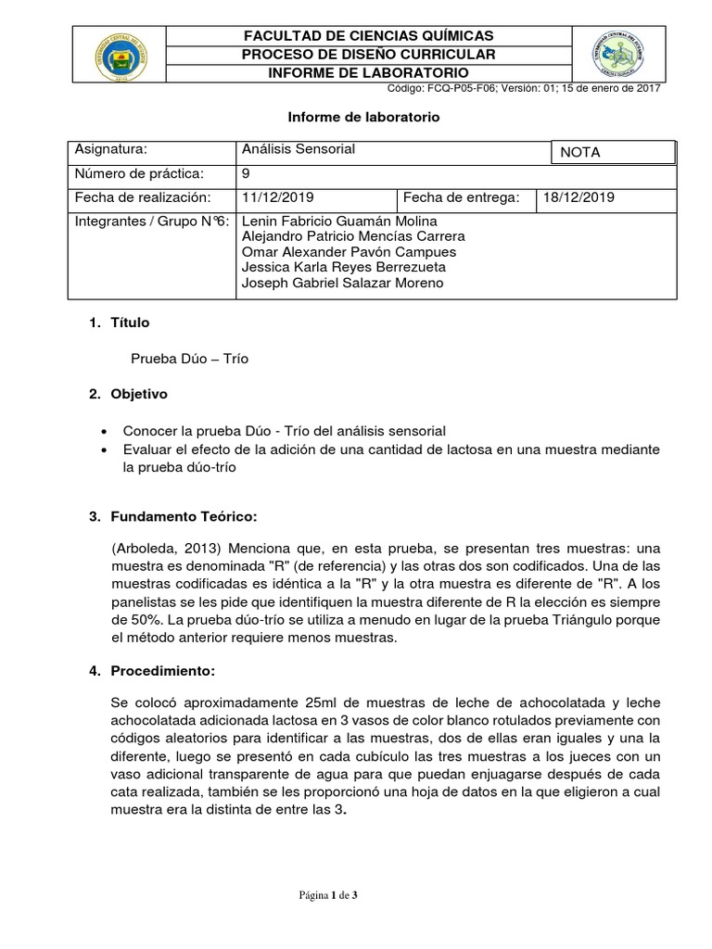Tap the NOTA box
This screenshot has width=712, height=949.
612,152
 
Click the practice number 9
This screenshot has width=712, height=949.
245,173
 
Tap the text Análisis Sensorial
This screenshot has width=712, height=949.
297,149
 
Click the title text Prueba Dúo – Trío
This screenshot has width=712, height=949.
191,358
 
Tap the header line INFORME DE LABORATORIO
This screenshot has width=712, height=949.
368,73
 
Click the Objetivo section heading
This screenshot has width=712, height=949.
139,395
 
